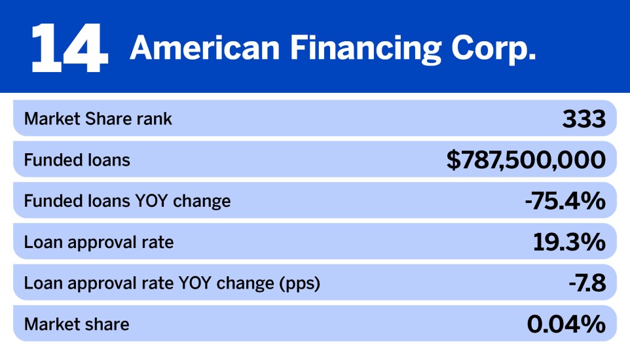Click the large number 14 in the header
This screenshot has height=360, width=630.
pyautogui.click(x=69, y=47)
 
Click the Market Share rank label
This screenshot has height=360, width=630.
pyautogui.click(x=98, y=119)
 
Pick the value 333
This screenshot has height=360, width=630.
pyautogui.click(x=584, y=119)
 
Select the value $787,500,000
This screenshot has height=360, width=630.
pyautogui.click(x=526, y=160)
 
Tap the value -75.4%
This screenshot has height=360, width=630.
pyautogui.click(x=565, y=202)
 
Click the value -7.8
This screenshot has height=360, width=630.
pyautogui.click(x=586, y=283)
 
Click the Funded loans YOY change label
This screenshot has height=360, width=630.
pyautogui.click(x=127, y=201)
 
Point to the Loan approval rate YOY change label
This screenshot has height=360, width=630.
pyautogui.click(x=172, y=283)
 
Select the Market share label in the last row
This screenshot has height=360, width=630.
pyautogui.click(x=77, y=324)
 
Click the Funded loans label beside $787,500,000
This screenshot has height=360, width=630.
pyautogui.click(x=77, y=160)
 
